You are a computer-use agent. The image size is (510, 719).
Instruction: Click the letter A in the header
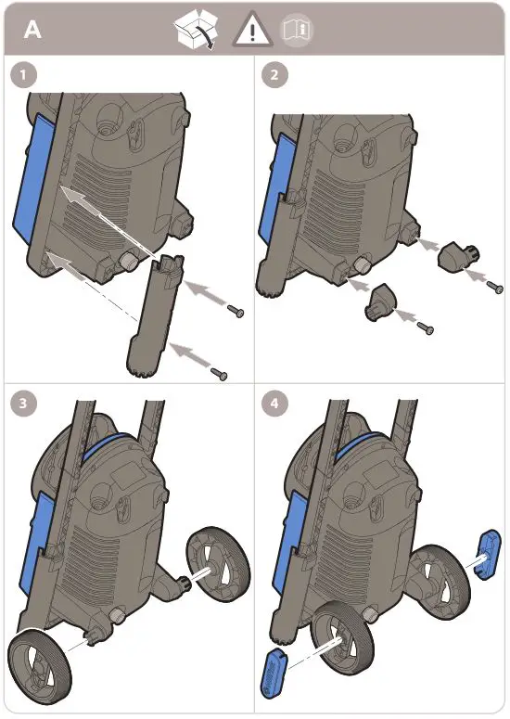tap(32, 30)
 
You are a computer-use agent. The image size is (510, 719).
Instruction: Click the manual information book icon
tap(299, 32)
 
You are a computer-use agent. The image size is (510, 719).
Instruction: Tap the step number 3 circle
tap(22, 404)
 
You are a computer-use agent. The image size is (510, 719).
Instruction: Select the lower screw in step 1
tap(220, 373)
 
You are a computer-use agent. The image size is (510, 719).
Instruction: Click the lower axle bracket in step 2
tap(381, 303)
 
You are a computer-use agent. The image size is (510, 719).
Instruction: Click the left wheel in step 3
tap(36, 664)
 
